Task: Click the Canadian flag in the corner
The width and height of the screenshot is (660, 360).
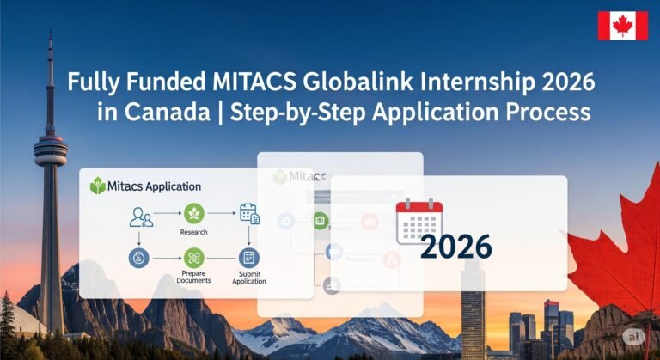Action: [x=623, y=26]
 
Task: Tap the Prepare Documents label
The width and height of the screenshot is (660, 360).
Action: [x=193, y=277]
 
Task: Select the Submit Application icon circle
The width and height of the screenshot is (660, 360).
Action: [x=248, y=257]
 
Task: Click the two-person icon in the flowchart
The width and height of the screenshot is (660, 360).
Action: [x=140, y=217]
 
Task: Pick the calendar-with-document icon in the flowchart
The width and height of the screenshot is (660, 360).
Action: [x=249, y=214]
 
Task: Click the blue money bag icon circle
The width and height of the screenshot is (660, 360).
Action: [x=138, y=257]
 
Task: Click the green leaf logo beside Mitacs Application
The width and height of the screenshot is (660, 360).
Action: [x=97, y=186]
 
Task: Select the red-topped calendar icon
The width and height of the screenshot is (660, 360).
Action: [x=419, y=222]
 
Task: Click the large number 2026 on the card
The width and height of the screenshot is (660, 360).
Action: [x=455, y=247]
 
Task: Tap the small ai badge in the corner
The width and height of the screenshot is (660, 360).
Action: [x=634, y=338]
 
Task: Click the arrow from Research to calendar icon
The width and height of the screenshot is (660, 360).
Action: [x=222, y=214]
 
